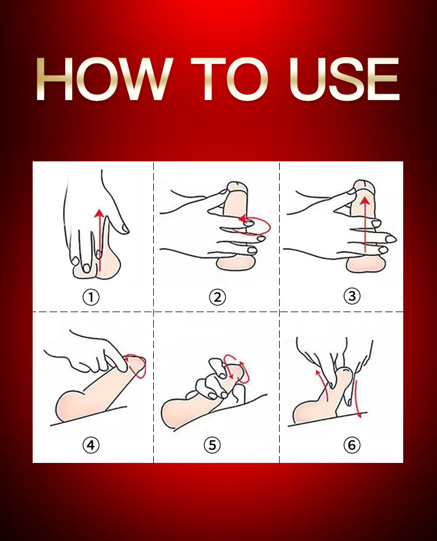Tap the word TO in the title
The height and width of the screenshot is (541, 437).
click(230, 79)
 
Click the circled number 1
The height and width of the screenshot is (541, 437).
click(91, 297)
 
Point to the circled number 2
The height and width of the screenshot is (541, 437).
click(217, 297)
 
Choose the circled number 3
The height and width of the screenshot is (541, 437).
click(352, 296)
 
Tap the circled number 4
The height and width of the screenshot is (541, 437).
click(91, 445)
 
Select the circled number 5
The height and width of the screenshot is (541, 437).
click(212, 445)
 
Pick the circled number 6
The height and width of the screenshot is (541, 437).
click(352, 445)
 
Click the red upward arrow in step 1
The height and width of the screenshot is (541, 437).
click(100, 240)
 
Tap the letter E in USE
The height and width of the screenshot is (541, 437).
click(383, 79)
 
